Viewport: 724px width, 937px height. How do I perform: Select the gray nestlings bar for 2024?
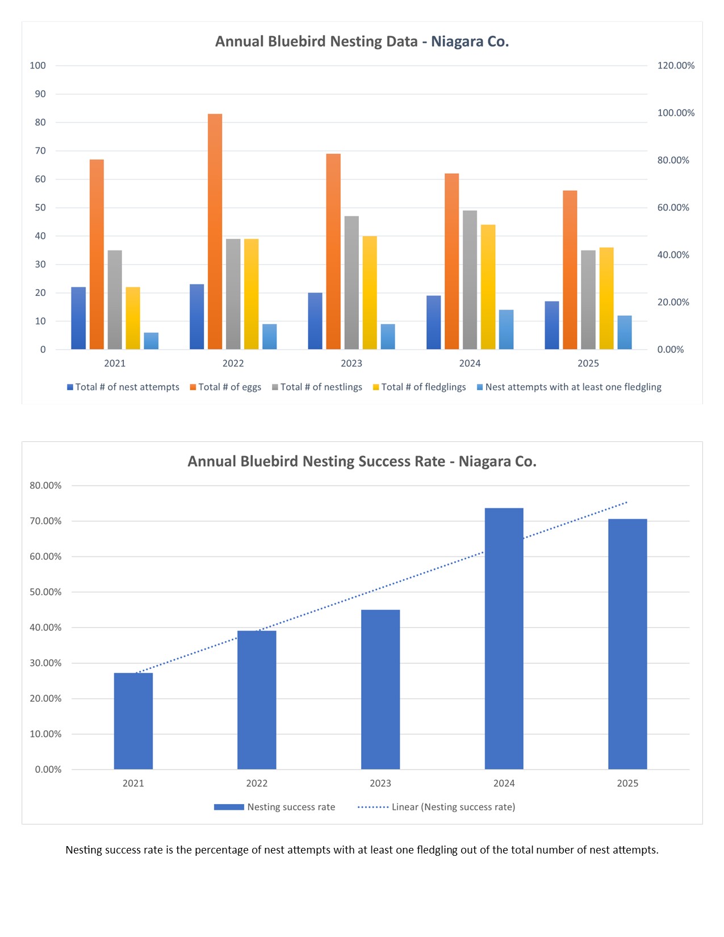click(470, 279)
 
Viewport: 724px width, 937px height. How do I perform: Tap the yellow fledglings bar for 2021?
click(133, 318)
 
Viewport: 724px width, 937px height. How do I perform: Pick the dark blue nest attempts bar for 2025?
click(551, 325)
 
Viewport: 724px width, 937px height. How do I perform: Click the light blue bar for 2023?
click(388, 336)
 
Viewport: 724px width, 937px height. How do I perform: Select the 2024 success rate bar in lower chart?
click(504, 638)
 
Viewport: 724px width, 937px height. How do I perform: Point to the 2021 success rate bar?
click(133, 721)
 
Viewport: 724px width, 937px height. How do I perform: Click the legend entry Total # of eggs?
click(225, 387)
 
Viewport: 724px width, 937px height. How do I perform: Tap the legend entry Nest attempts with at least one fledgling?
click(569, 387)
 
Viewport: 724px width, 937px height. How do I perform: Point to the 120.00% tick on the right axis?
click(676, 66)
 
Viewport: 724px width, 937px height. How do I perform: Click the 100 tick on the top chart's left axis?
click(38, 66)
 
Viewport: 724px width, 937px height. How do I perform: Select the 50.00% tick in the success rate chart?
click(45, 592)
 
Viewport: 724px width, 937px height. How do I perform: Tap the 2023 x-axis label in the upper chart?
click(351, 363)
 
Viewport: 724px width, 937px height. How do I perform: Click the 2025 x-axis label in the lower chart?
click(627, 784)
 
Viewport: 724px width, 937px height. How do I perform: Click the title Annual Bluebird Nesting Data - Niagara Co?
click(362, 41)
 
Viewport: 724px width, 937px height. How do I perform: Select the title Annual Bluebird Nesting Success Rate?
click(362, 461)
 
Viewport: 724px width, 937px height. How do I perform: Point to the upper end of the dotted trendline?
click(627, 502)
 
